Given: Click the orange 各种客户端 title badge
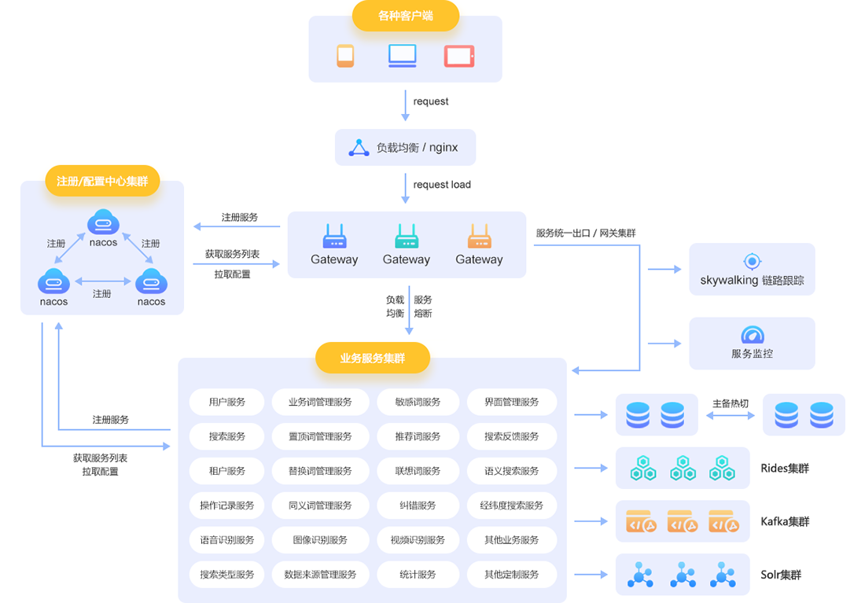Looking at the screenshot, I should (x=405, y=16).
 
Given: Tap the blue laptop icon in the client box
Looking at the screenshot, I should (x=402, y=55).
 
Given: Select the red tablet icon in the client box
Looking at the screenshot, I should (x=459, y=56).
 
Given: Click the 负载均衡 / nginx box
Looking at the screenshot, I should (x=405, y=147).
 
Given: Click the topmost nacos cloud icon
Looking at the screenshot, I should (x=103, y=222).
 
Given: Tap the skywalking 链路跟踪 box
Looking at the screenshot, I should (x=752, y=270).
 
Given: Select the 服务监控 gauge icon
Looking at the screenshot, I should (x=753, y=335).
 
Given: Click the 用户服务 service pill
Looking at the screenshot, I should (x=227, y=402).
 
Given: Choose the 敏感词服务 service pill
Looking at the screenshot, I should (x=418, y=402).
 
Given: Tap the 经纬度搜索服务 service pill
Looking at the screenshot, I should (x=512, y=506).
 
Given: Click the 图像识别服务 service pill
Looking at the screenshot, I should (x=320, y=540).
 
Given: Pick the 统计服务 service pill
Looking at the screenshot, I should (x=418, y=575).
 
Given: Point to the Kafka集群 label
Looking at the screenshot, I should (x=785, y=521).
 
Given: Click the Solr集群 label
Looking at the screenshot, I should (x=781, y=575).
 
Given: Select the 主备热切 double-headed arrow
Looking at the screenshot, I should (x=731, y=415).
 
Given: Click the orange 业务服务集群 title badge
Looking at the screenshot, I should (x=373, y=358).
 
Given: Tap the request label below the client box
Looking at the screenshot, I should (x=431, y=101).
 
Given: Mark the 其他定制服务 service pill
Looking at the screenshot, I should (x=512, y=575).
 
